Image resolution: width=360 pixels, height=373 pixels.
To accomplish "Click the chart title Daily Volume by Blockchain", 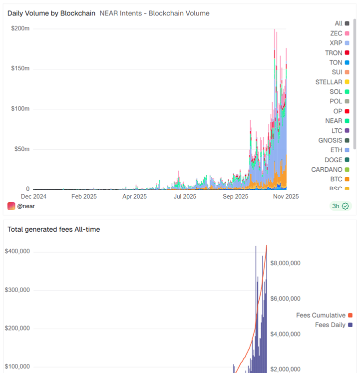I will (51, 13).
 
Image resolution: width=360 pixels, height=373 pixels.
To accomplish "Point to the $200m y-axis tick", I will (20, 28).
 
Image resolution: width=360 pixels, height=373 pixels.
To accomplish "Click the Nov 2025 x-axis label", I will (286, 197).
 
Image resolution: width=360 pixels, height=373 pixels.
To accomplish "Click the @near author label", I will (24, 206).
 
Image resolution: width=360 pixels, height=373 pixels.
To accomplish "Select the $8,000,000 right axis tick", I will (285, 263).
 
